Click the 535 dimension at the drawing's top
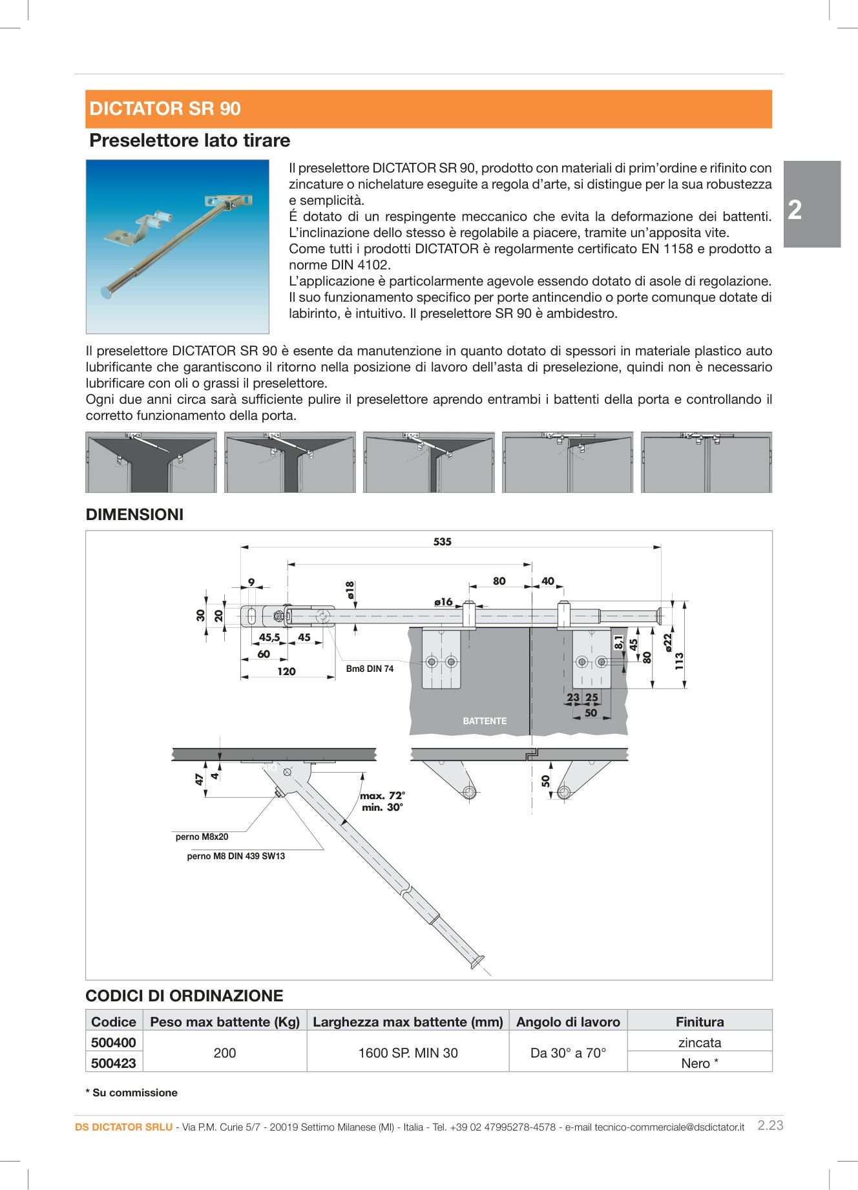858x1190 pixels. pos(442,541)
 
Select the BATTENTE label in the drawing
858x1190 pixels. pos(485,721)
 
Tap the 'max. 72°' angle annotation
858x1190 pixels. pos(382,795)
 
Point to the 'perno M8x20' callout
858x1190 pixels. pos(202,837)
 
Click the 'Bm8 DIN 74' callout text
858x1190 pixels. pos(370,669)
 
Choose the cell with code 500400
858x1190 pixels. pos(114,1042)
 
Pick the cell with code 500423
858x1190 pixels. pos(114,1063)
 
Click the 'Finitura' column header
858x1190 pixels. pos(700,1021)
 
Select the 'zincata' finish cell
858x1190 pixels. pos(700,1042)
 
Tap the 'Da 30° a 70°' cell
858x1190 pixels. pos(568,1052)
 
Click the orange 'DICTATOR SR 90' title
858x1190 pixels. pos(165,109)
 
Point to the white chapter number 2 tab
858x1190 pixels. pos(795,210)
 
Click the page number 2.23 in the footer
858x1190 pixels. pos(770,1125)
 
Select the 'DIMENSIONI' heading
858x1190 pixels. pos(134,514)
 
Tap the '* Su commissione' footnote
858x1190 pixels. pos(132,1092)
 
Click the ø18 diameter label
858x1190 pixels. pos(350,590)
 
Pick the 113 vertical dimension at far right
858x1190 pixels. pos(679,660)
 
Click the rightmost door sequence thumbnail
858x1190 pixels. pos(706,463)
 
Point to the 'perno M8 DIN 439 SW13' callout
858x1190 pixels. pos(236,856)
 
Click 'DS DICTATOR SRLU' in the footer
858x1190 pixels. pos(124,1127)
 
